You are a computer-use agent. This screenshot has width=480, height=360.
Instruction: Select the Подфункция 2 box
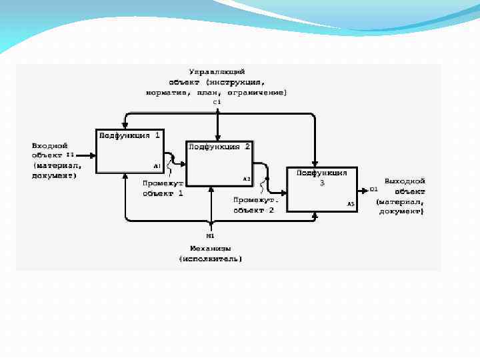tap(219, 164)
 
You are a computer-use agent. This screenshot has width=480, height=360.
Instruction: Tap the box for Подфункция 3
tap(321, 189)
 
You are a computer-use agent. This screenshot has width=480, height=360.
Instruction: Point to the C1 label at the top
tap(217, 101)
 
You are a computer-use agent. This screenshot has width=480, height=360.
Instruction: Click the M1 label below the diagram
tap(210, 235)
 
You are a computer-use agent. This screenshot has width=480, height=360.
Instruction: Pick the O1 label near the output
tap(373, 189)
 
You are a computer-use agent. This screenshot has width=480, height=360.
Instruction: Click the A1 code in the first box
tap(157, 165)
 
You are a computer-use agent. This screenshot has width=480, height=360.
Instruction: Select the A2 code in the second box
tap(246, 179)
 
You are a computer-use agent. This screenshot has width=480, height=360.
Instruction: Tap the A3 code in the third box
tap(350, 203)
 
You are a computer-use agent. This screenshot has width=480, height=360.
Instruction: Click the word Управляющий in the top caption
tap(217, 71)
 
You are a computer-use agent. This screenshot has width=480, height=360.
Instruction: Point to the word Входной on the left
tap(49, 144)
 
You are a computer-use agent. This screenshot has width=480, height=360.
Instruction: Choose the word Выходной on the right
tap(404, 180)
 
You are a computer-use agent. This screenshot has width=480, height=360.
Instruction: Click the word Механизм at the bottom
tap(210, 247)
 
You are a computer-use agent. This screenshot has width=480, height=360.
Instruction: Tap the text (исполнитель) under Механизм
tap(210, 258)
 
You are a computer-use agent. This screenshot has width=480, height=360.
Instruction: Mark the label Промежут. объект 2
tap(253, 205)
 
